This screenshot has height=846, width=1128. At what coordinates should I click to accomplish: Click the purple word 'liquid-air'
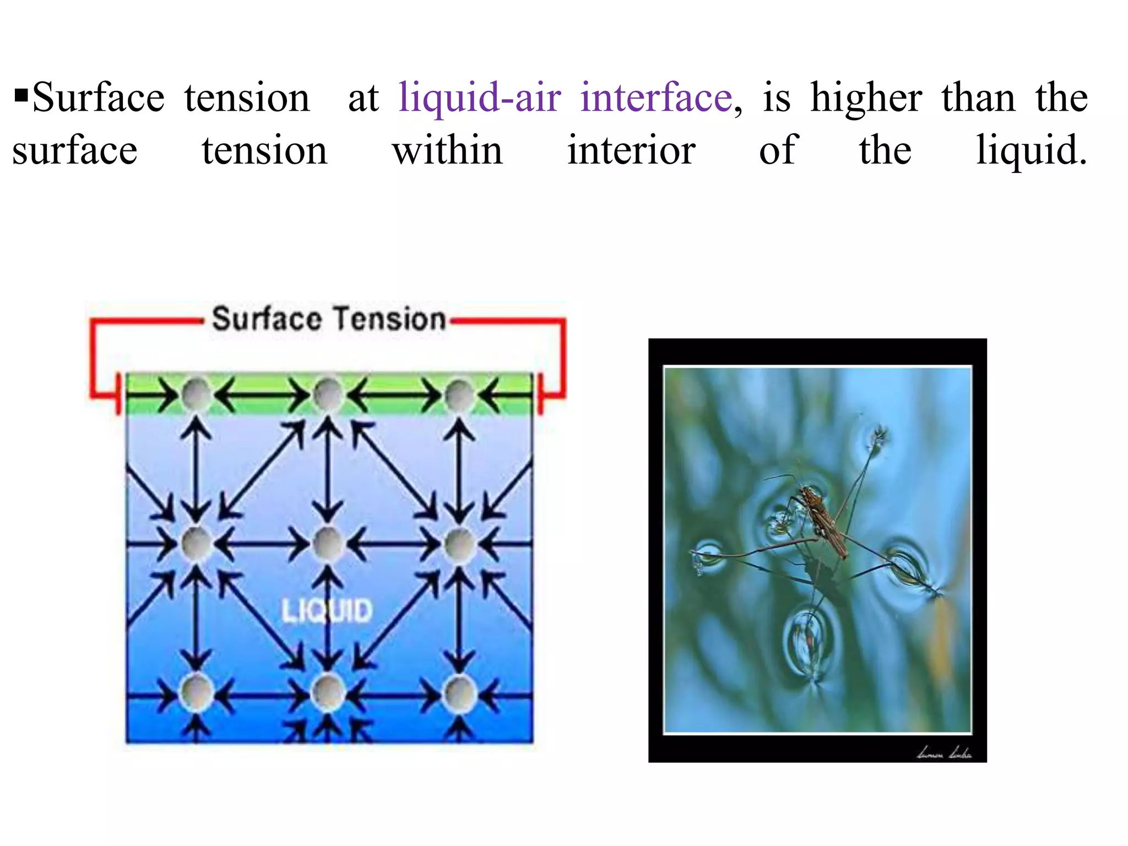tap(480, 98)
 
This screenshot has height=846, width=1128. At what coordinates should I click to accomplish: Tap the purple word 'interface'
tap(656, 98)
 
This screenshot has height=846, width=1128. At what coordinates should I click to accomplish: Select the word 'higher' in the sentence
tap(866, 98)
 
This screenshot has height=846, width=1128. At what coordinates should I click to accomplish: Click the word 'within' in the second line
tap(447, 150)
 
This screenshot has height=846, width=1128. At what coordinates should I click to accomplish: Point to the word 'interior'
tap(631, 150)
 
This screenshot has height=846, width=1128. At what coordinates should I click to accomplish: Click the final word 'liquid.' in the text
tap(1032, 151)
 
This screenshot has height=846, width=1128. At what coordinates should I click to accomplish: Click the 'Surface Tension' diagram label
tap(329, 319)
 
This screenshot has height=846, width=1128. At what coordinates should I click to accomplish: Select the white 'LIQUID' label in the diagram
tap(327, 610)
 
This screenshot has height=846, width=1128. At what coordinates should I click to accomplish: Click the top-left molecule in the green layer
tap(197, 394)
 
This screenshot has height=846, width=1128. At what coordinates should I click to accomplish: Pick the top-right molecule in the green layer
tap(459, 394)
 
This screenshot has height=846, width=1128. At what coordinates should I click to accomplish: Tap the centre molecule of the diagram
tap(328, 544)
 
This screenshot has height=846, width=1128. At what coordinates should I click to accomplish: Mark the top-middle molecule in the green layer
tap(328, 394)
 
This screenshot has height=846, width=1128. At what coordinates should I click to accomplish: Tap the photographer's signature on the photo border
tap(944, 752)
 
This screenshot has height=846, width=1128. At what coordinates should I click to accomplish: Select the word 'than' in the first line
tap(978, 98)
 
